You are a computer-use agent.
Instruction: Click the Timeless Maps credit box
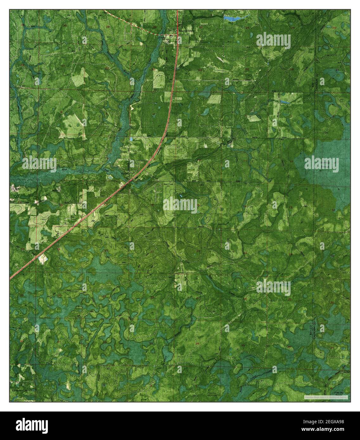(x=326, y=397)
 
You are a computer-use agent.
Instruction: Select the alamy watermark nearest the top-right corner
(x=273, y=41)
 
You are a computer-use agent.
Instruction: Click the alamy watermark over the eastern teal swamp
(x=321, y=163)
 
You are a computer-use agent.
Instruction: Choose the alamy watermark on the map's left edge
(x=39, y=164)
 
